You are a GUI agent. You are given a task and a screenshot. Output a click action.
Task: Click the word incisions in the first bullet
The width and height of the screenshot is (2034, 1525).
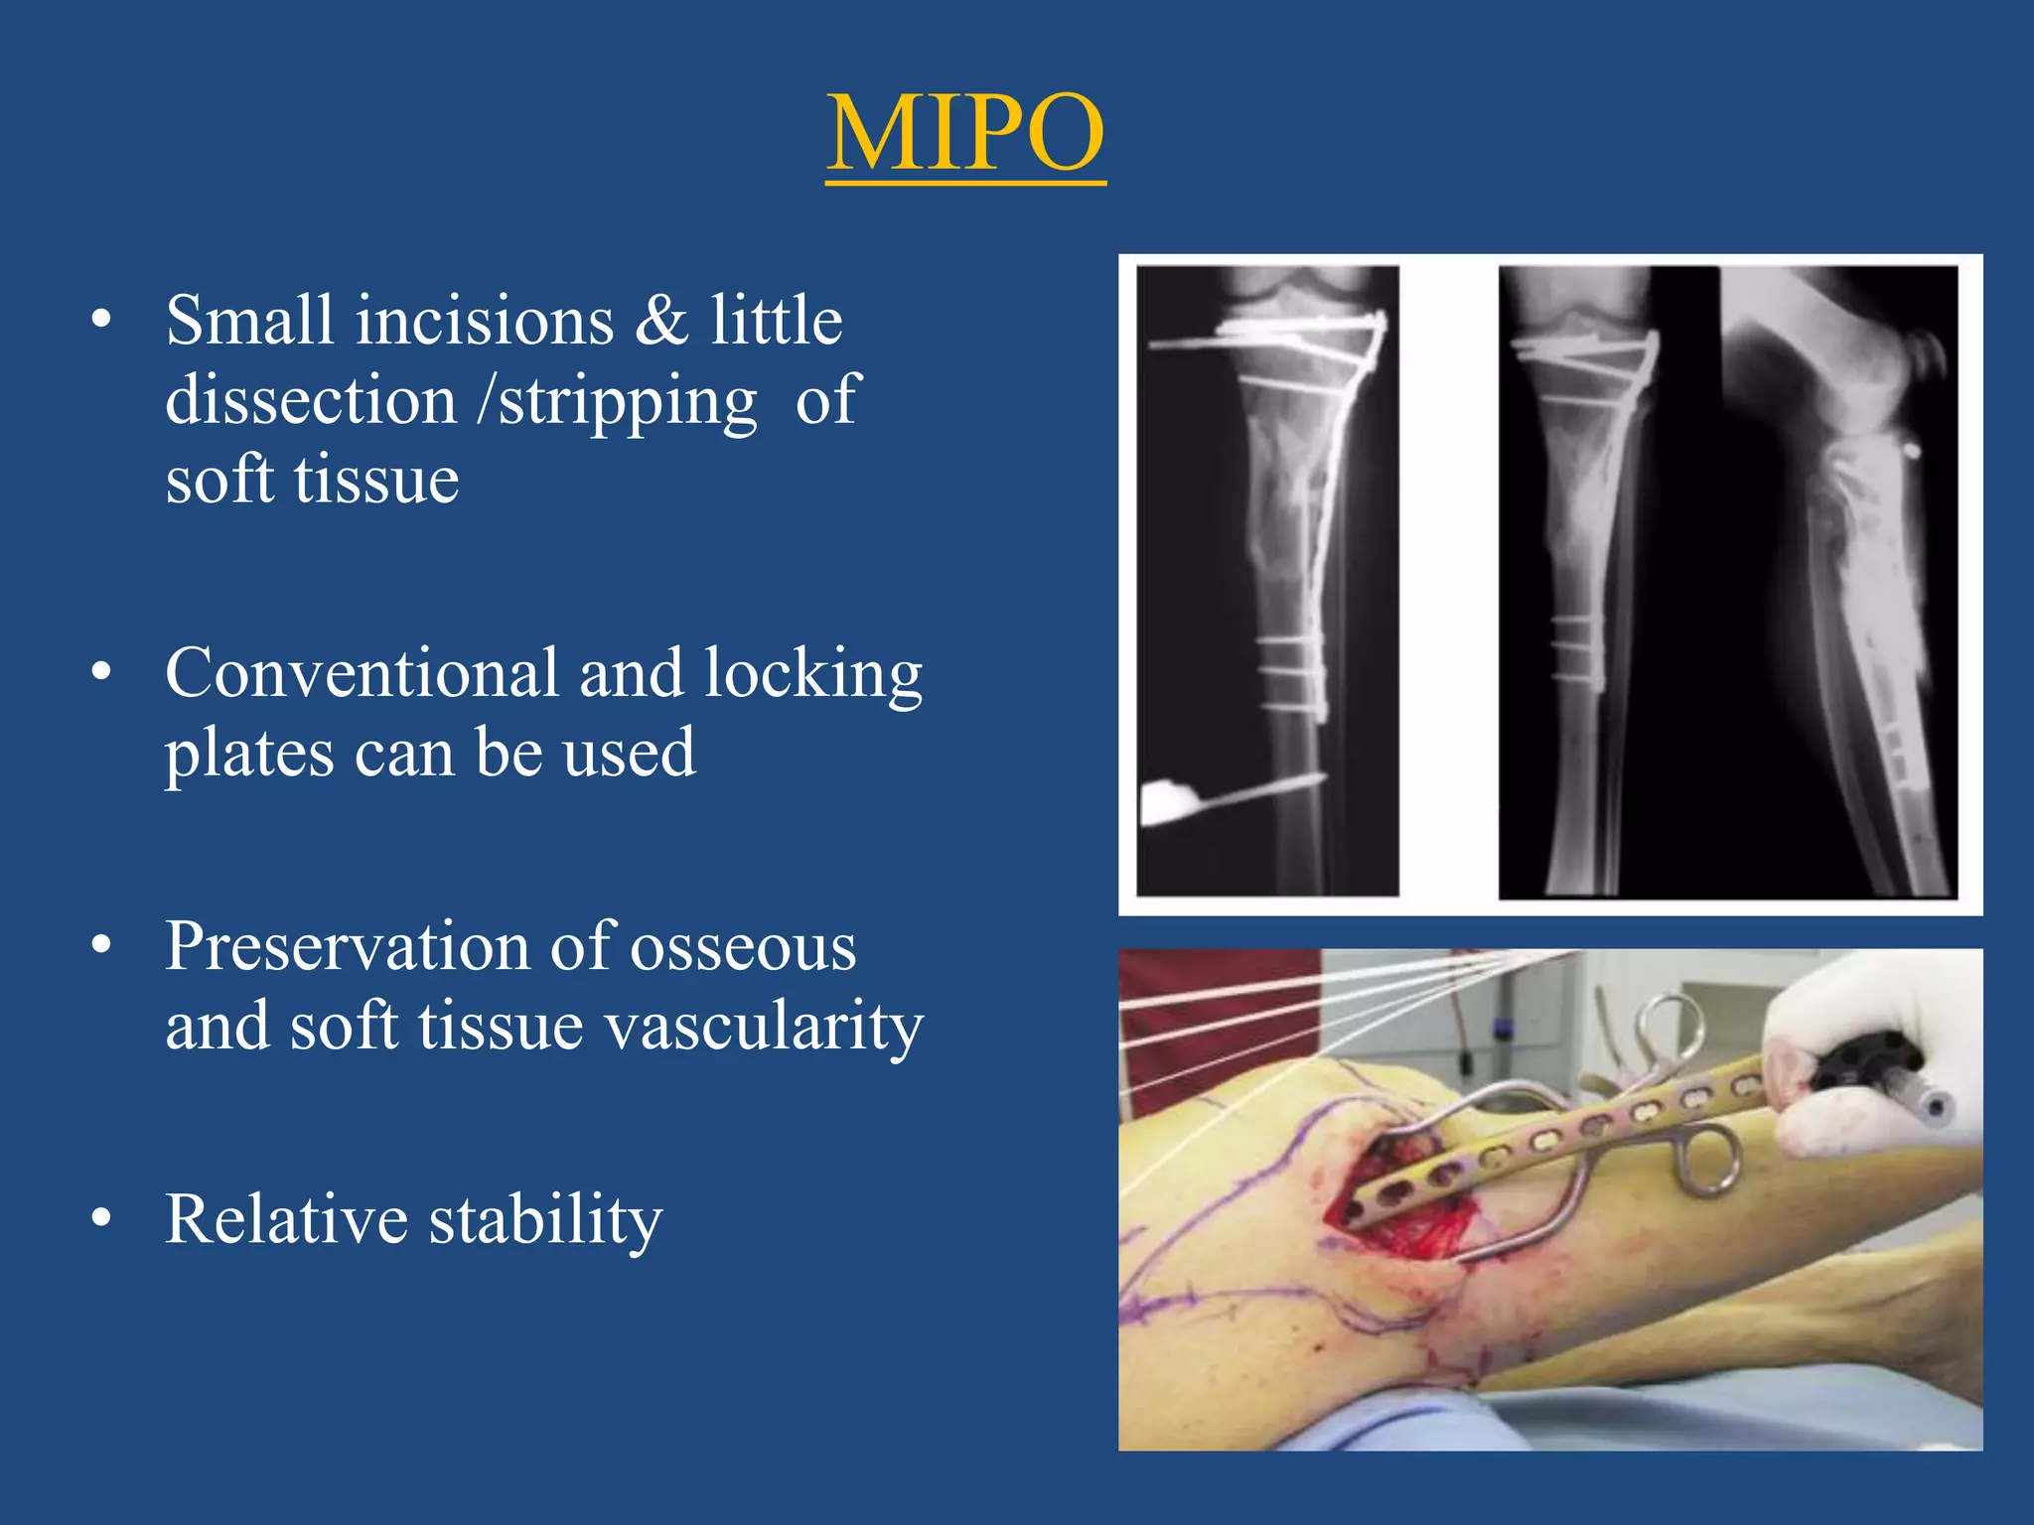click(485, 321)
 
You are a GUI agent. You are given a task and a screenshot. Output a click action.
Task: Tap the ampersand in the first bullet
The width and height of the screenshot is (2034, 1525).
click(660, 321)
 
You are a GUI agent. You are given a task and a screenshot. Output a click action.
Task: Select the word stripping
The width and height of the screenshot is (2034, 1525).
click(628, 402)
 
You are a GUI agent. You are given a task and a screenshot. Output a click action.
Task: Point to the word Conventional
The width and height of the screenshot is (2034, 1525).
click(362, 673)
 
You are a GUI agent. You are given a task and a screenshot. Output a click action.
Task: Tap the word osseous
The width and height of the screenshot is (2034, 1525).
click(743, 948)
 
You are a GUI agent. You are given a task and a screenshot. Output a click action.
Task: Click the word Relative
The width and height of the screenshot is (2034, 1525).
click(286, 1219)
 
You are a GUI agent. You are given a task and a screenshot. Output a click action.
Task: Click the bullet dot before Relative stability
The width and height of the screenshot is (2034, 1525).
click(100, 1219)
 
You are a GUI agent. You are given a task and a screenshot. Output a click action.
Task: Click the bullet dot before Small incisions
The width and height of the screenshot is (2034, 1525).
click(100, 321)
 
